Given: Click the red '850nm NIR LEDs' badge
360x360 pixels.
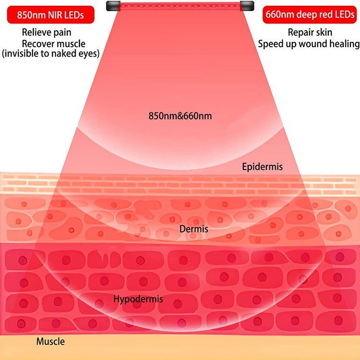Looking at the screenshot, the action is [51, 15].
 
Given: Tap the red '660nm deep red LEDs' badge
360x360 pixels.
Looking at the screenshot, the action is [310, 15].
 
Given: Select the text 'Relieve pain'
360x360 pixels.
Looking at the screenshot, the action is [47, 32].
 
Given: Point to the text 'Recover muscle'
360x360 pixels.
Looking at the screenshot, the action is [53, 43].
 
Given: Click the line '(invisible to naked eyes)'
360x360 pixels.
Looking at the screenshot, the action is [51, 53].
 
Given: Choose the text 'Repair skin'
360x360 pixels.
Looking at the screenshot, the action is [310, 32].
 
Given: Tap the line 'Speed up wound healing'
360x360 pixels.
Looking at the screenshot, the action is [309, 44].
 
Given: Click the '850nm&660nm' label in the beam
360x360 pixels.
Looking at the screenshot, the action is [180, 116].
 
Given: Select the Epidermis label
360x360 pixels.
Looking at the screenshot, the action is [263, 167].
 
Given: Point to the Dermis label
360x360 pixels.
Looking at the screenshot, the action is [194, 229].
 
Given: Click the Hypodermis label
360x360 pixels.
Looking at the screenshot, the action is [138, 299].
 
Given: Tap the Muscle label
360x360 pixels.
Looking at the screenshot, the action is [50, 341].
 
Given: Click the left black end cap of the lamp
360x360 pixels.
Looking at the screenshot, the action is [113, 6].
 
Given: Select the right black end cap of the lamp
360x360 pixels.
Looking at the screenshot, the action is [247, 6].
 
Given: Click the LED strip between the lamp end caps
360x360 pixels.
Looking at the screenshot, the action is [180, 5].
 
